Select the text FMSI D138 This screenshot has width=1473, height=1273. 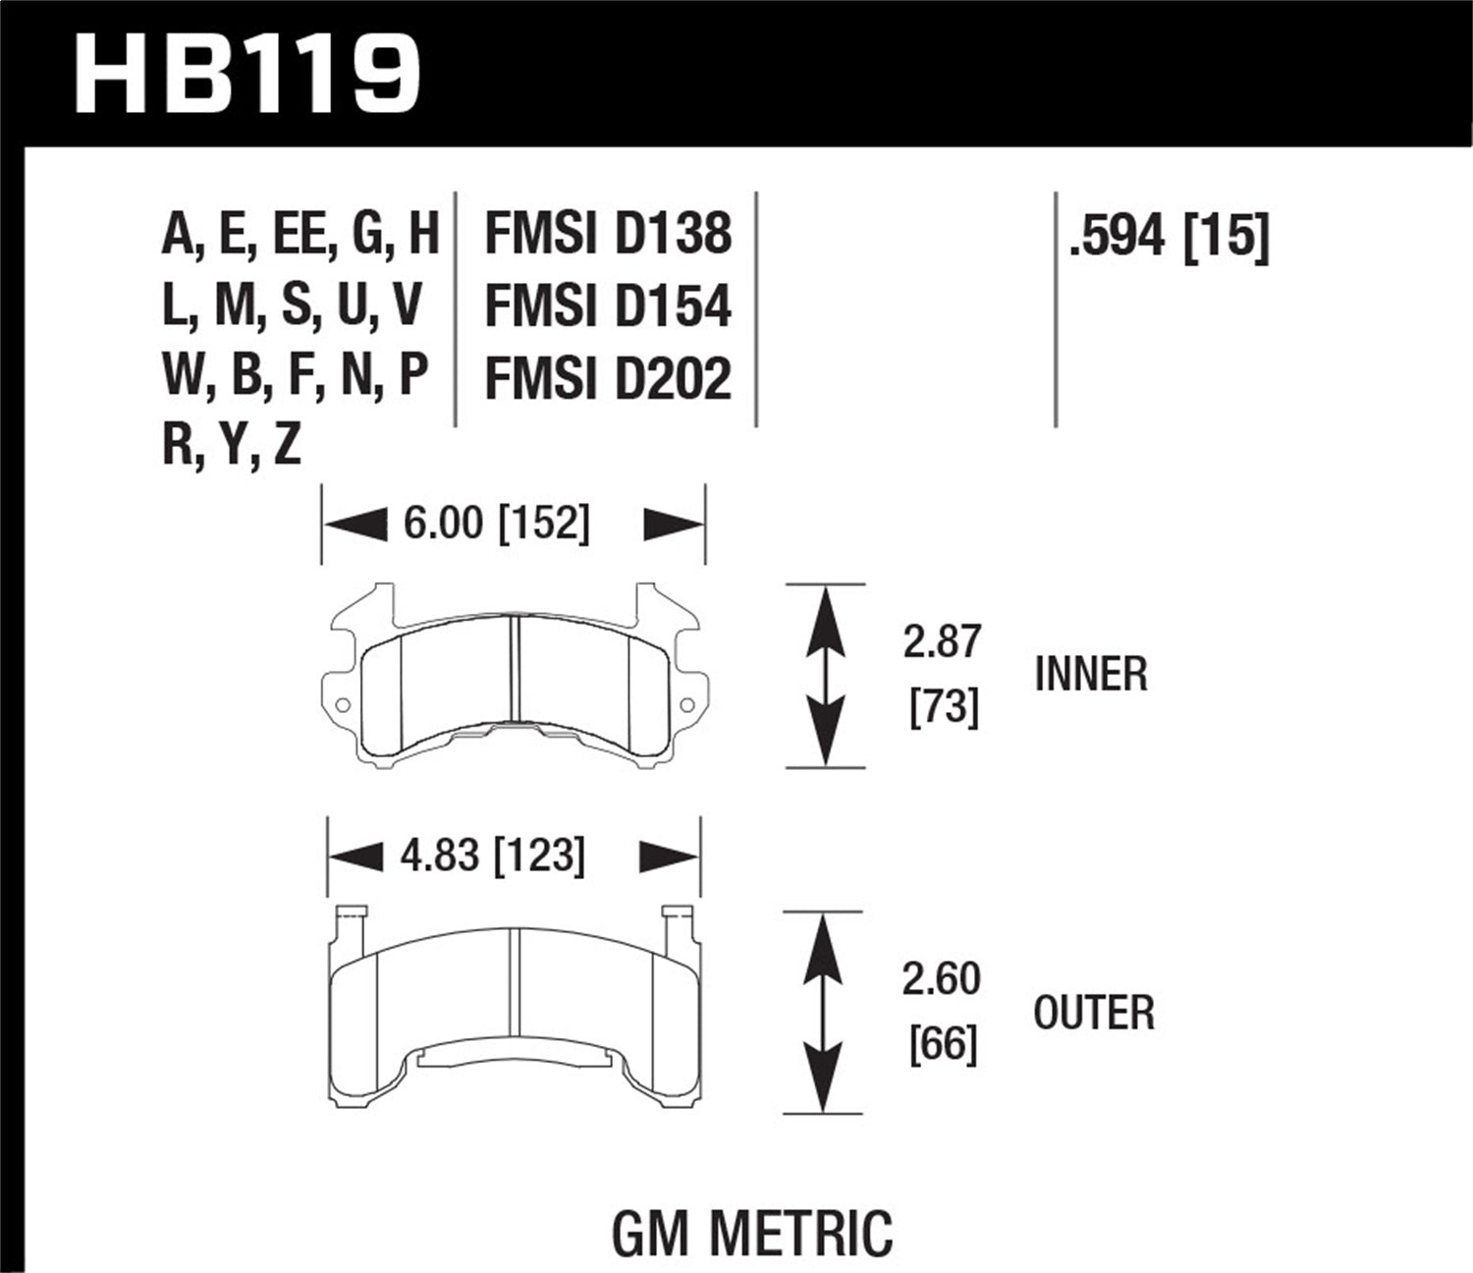[608, 235]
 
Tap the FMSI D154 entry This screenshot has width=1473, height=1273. [608, 306]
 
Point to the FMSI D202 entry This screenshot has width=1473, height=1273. [608, 379]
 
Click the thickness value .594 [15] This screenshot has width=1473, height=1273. [1169, 237]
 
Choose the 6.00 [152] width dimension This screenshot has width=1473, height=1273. [497, 524]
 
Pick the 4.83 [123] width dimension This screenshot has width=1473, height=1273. [493, 856]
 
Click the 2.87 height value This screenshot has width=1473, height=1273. [942, 641]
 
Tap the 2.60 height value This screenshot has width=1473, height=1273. [942, 979]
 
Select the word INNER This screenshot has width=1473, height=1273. [1091, 675]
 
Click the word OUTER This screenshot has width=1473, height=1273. [1094, 1013]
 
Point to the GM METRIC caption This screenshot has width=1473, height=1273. [753, 1233]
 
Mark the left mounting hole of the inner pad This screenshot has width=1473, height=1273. [342, 705]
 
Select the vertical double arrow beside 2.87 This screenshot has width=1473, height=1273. [825, 675]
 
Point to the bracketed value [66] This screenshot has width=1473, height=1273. [944, 1044]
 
